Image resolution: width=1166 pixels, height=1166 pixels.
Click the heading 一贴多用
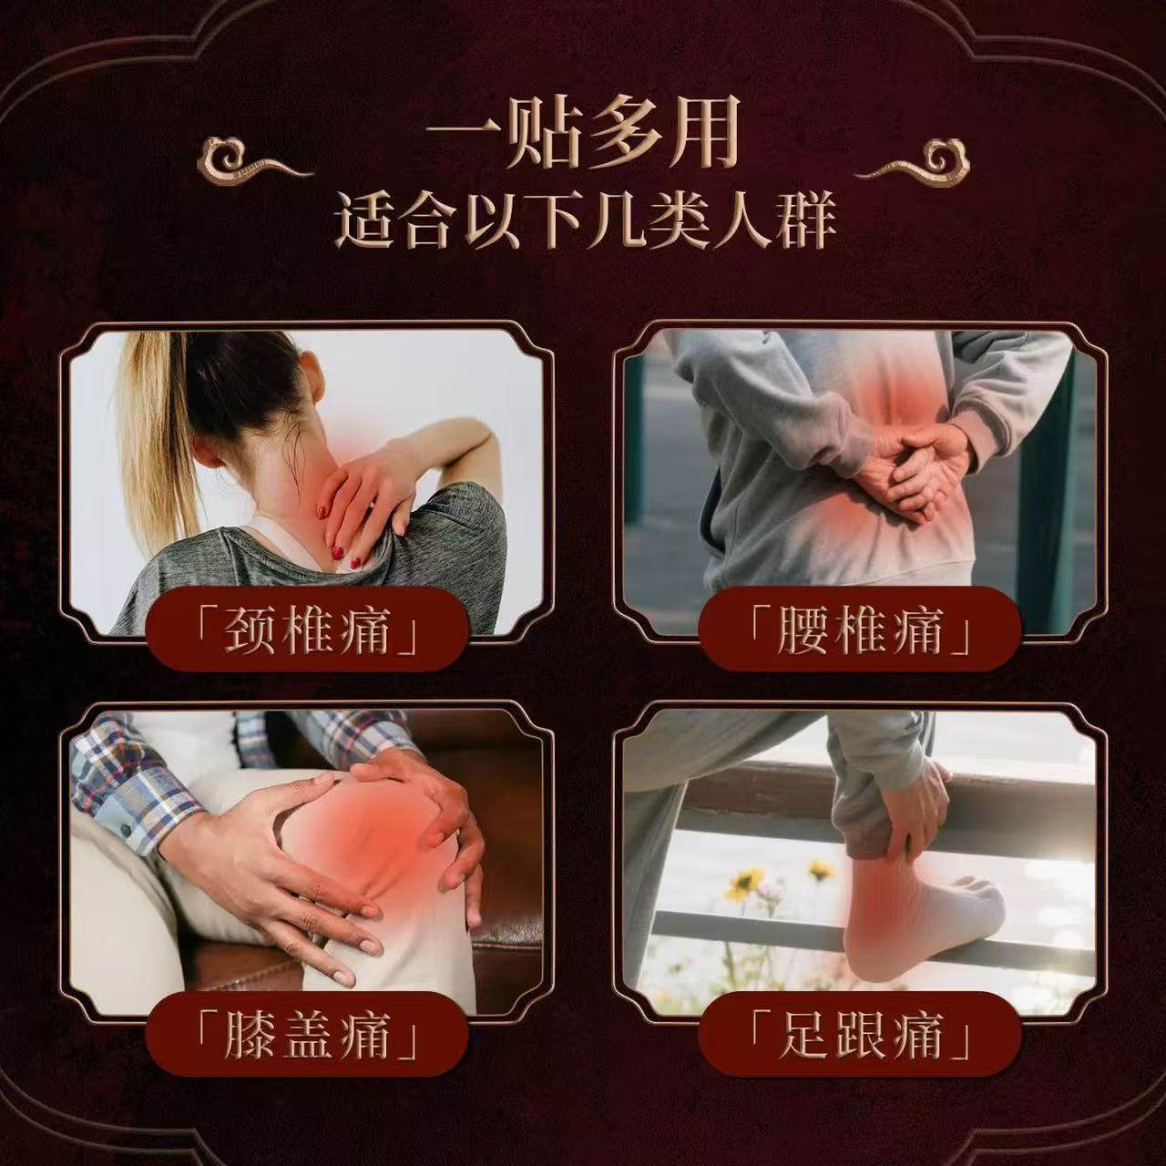tap(583, 137)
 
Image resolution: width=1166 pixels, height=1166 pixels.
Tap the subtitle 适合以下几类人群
tap(584, 221)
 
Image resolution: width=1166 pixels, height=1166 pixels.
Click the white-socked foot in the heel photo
tap(920, 911)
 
